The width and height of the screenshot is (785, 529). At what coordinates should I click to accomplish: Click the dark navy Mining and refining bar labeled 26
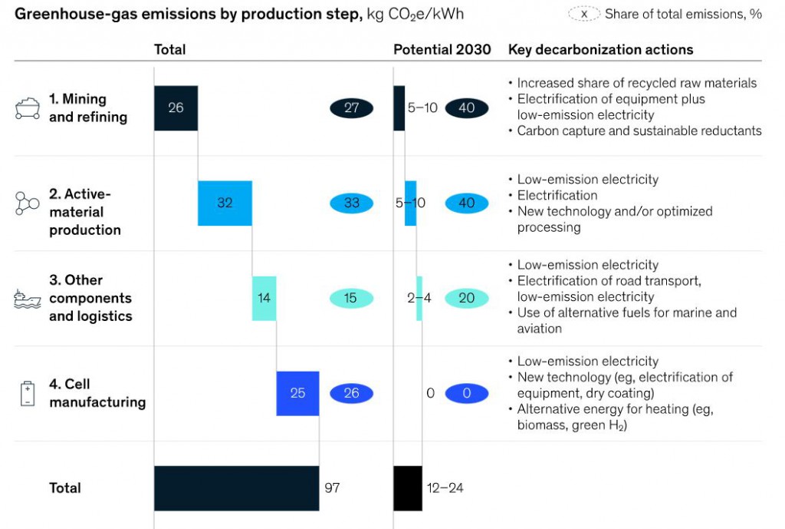(x=176, y=108)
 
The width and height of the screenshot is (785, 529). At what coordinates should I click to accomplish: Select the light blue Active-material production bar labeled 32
(x=225, y=203)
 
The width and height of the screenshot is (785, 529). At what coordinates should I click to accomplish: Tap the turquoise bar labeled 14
(x=264, y=299)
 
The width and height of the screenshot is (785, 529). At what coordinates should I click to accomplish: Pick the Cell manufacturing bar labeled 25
(x=297, y=393)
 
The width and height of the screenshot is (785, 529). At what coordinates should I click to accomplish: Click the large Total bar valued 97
(x=236, y=488)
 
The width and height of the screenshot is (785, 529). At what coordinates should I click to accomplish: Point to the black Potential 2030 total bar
(x=408, y=488)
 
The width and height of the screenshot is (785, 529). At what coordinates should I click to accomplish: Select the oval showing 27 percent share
(x=351, y=108)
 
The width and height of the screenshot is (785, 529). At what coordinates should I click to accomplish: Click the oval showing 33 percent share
(x=351, y=203)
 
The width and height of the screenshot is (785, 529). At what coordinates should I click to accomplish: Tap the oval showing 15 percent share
(x=351, y=299)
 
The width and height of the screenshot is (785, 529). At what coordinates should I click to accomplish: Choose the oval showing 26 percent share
(x=351, y=393)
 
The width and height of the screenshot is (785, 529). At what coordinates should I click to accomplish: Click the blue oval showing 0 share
(x=466, y=393)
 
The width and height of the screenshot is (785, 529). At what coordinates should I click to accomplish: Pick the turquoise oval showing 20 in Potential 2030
(x=466, y=299)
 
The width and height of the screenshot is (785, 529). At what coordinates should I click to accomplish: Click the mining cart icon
(x=28, y=108)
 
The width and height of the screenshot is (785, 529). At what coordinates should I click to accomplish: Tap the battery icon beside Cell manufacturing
(x=28, y=393)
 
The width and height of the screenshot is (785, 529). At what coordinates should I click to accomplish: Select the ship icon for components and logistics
(x=28, y=299)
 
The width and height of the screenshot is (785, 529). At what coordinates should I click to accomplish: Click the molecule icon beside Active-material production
(x=28, y=203)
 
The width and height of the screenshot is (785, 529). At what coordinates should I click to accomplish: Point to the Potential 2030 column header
(x=442, y=50)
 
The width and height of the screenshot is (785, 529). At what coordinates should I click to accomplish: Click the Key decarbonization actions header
(x=600, y=50)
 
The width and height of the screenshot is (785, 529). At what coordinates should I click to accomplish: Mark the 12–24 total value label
(x=445, y=488)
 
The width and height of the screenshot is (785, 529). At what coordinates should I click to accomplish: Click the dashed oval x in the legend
(x=584, y=14)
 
